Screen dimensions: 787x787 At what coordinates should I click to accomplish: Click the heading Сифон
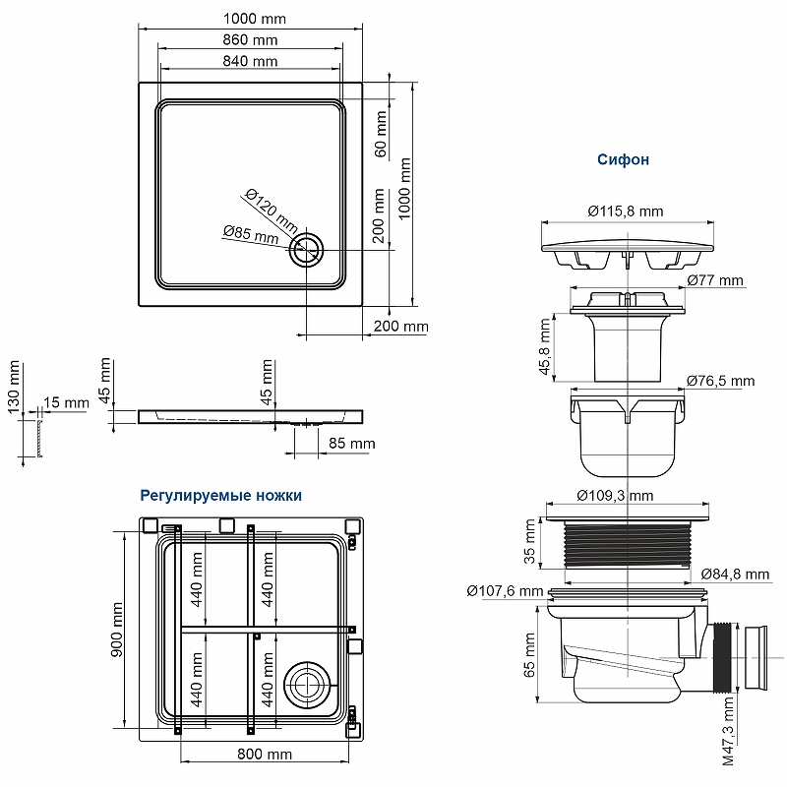point(623,159)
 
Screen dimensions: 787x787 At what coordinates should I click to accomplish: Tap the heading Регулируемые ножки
point(220,495)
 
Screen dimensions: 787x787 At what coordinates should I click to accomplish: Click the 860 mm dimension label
point(250,40)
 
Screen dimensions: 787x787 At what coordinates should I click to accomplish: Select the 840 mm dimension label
point(250,61)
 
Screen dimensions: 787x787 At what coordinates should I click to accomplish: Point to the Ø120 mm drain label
point(271,208)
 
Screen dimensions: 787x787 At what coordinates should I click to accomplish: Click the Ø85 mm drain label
point(250,234)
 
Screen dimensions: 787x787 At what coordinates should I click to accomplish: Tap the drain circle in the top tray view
point(306,249)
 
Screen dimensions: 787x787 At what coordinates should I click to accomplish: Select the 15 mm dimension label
point(66,403)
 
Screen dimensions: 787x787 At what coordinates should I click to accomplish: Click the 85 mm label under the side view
point(351,444)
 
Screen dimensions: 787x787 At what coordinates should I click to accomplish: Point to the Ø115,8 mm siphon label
point(626,212)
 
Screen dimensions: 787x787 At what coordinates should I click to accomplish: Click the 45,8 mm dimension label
point(544,346)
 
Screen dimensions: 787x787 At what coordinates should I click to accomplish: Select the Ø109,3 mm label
point(615,495)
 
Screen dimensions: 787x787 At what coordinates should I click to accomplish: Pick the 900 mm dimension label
point(116,630)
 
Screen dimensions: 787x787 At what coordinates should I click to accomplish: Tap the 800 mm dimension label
point(265,755)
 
